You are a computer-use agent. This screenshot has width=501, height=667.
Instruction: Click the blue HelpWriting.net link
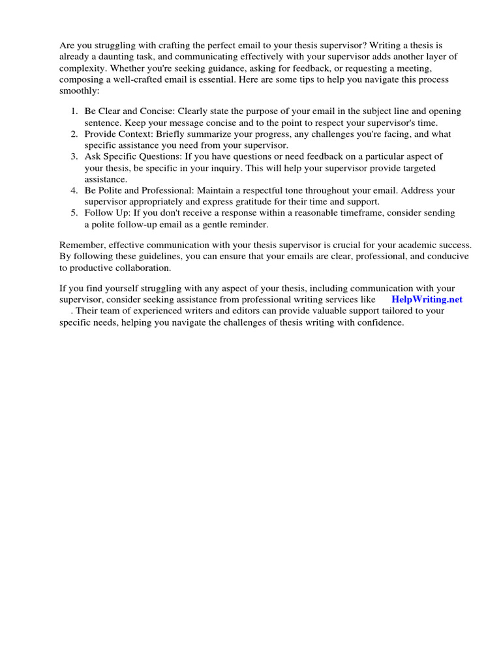coord(427,300)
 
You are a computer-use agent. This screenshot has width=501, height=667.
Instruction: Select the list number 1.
coord(74,111)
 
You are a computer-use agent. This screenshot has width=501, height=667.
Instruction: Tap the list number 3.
coord(74,156)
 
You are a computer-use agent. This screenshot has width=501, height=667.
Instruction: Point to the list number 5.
coord(74,213)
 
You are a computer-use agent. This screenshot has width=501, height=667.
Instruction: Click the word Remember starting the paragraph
coord(83,245)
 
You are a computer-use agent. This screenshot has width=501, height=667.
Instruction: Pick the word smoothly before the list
coord(78,91)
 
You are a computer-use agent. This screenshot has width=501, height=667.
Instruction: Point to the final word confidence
coord(381,322)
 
